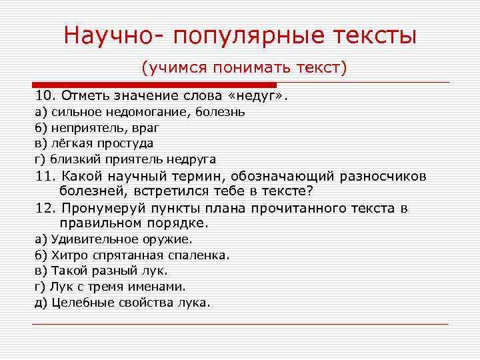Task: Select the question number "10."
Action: [x=47, y=97]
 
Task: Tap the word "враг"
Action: [x=145, y=128]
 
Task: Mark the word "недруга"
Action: [x=191, y=159]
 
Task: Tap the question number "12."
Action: [x=47, y=208]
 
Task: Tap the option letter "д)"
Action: [x=41, y=302]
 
